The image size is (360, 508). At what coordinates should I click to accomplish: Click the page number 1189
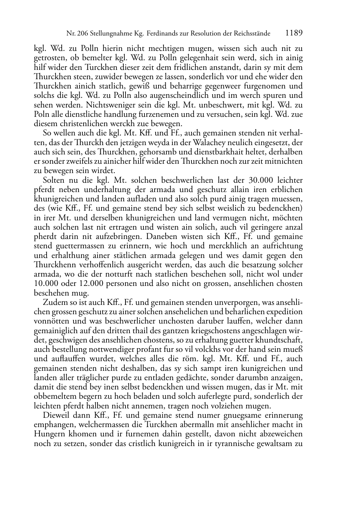[x=294, y=33]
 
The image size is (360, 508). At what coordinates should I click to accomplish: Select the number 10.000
[x=46, y=283]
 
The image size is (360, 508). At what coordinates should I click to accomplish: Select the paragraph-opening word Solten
[x=54, y=180]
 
